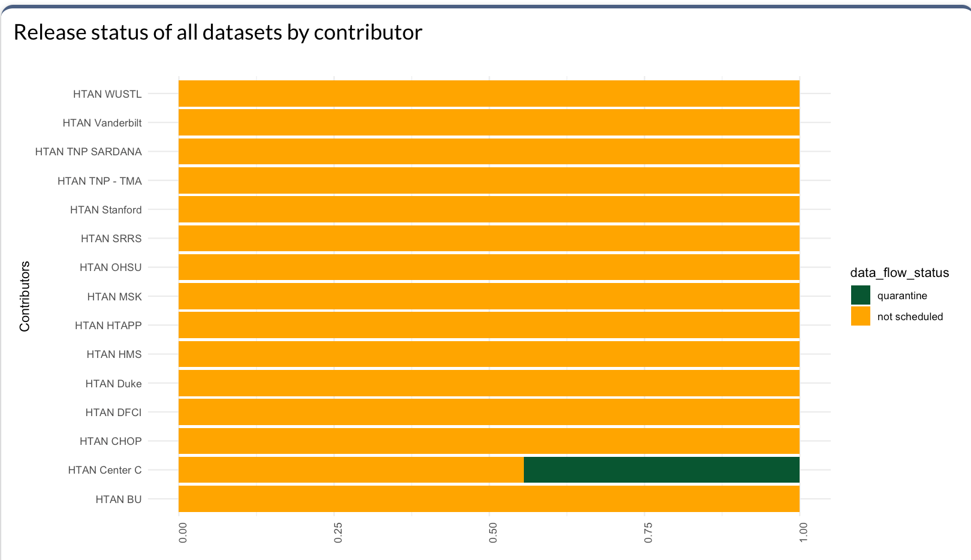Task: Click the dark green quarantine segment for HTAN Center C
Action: pos(661,470)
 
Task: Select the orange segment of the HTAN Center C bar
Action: pos(351,470)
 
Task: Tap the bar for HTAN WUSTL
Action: pos(488,94)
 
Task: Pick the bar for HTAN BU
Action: pos(488,499)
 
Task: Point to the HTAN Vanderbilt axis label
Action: pos(102,123)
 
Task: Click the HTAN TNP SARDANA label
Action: pos(88,152)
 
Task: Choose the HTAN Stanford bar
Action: pos(488,210)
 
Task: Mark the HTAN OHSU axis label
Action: pos(110,267)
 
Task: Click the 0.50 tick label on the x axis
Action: pos(493,532)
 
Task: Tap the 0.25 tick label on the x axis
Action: pos(338,532)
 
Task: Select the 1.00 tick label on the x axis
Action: pos(803,532)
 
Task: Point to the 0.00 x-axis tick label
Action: pos(183,532)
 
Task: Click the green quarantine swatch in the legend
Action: pos(860,296)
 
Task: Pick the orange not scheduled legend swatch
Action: pos(860,317)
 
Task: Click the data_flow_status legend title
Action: pos(899,273)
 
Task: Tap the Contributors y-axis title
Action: pos(25,296)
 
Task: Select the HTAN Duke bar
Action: pos(488,383)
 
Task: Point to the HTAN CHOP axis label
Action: pos(110,441)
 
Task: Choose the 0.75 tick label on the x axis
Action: pos(648,532)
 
